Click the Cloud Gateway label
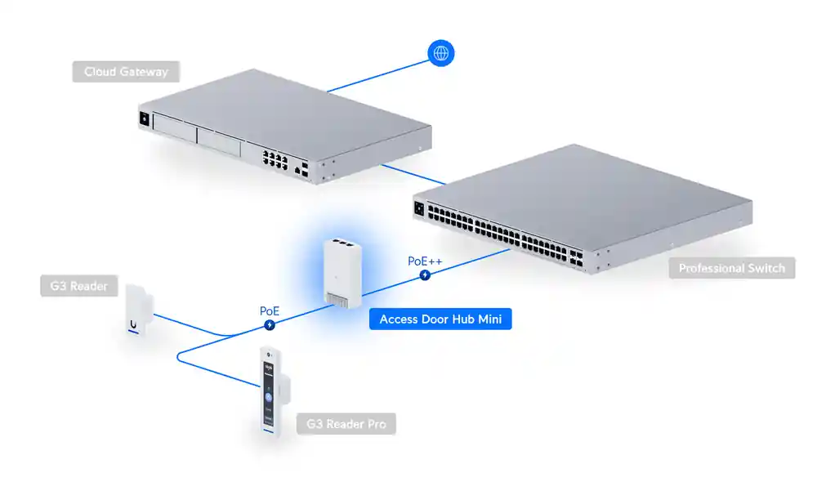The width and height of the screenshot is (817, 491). coord(126,72)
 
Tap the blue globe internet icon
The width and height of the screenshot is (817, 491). coord(441,54)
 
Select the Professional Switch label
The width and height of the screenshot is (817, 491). coord(731,268)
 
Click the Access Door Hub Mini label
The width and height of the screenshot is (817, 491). coord(440,319)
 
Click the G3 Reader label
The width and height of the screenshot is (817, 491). coord(78,286)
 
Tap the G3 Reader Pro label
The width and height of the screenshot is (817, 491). coord(346,424)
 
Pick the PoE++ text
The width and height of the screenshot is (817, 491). coord(425,261)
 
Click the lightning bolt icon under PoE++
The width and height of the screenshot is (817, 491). coord(425,275)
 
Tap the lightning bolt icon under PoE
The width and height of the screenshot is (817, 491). coord(270,325)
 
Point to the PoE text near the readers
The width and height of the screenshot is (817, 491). coord(270,311)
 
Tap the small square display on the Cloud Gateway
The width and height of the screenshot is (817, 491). coord(145,118)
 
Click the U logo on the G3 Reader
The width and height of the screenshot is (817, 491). coord(133,324)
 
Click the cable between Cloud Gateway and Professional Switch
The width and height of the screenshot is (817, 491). coord(413,172)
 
